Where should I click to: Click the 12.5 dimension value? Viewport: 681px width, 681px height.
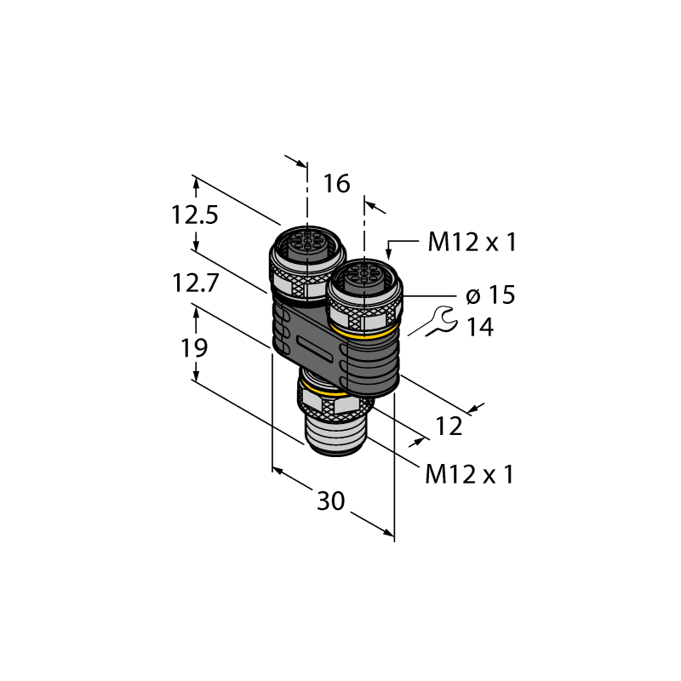[195, 215]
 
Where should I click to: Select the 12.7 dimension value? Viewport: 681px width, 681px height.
[195, 283]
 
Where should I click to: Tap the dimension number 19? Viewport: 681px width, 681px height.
[194, 348]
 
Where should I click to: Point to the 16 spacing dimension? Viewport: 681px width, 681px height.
[336, 184]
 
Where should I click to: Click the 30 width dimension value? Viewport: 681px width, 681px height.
[331, 501]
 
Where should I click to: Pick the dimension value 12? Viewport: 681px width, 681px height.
[449, 426]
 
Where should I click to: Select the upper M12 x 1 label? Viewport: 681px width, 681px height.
[472, 242]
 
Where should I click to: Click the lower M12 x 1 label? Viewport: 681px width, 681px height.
[470, 474]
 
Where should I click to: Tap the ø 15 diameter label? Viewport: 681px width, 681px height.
[490, 295]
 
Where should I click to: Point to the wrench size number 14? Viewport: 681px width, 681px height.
[480, 327]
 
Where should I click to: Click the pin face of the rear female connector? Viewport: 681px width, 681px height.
[307, 240]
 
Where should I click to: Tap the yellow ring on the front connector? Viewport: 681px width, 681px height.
[364, 332]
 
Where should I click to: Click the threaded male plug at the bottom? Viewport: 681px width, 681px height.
[335, 434]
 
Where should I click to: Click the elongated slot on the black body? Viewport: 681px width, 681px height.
[318, 347]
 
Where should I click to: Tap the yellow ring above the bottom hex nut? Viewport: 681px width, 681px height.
[323, 391]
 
